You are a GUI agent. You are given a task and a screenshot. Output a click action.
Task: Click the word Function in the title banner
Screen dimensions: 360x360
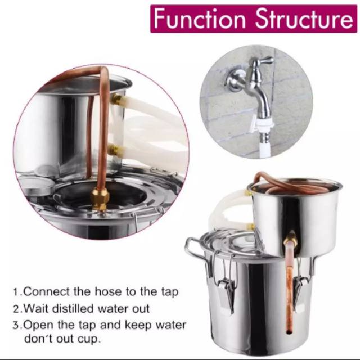coord(200,19)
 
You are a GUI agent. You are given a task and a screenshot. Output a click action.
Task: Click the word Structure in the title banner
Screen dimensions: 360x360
coord(304,19)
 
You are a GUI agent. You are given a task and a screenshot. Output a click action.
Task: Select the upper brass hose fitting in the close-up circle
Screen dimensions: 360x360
coord(116,100)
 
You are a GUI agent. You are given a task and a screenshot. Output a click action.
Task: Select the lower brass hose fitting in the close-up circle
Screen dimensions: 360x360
coord(115,150)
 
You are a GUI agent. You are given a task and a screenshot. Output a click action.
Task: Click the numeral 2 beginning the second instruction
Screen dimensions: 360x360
coord(16,309)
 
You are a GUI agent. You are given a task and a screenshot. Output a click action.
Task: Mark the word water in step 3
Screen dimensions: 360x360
coord(171,325)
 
